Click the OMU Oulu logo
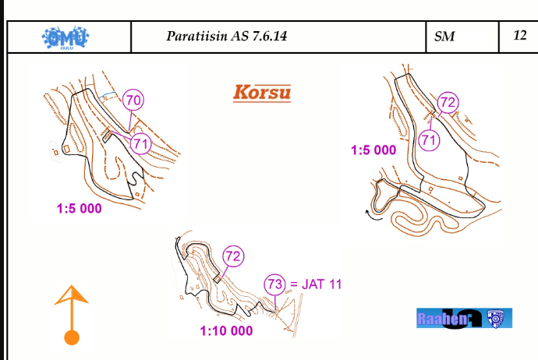click(65, 37)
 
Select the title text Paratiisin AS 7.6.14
click(226, 36)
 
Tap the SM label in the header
click(444, 37)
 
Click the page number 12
click(520, 35)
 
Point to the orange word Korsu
click(262, 93)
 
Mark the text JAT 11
click(321, 284)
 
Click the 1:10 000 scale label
click(226, 331)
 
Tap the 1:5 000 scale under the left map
click(80, 209)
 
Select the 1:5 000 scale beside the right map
click(373, 150)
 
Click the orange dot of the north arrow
click(72, 337)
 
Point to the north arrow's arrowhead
click(72, 295)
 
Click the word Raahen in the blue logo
click(442, 319)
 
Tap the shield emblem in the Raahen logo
click(496, 319)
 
